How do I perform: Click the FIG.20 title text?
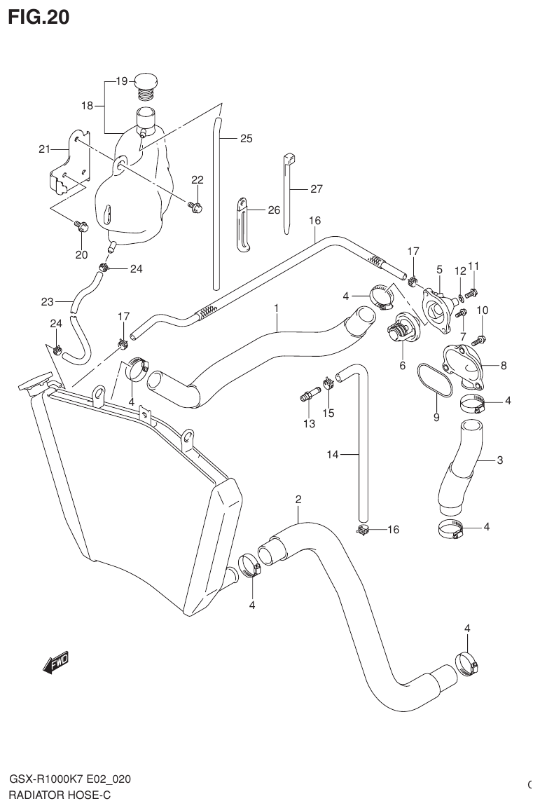(39, 17)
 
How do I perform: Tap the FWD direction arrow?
(55, 662)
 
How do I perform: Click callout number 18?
(87, 106)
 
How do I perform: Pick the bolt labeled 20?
(81, 226)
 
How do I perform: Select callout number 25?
(245, 138)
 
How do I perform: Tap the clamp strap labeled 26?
(242, 223)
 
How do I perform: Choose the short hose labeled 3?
(459, 466)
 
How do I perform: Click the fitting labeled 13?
(307, 398)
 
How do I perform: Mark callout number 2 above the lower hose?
(298, 500)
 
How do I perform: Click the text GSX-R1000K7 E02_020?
(69, 780)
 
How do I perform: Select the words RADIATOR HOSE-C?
(60, 795)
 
